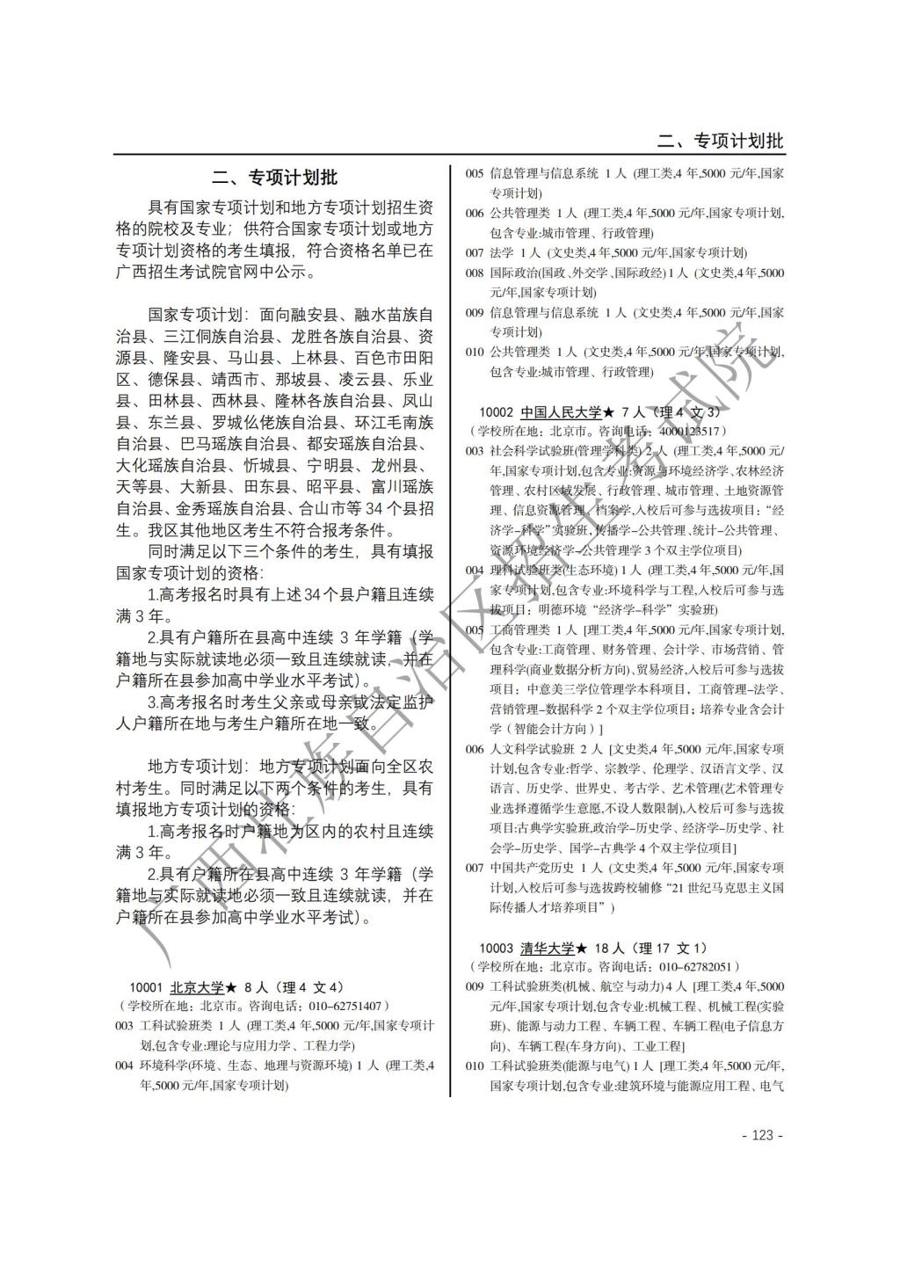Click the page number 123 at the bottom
762,1135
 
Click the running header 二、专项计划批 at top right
721,141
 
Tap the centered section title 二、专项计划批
274,178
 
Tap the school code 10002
496,411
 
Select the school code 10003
496,948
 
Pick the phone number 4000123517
686,431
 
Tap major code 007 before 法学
475,252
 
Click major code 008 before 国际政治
475,273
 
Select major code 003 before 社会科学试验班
475,451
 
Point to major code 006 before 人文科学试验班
475,749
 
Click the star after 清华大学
581,948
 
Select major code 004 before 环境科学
124,1066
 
